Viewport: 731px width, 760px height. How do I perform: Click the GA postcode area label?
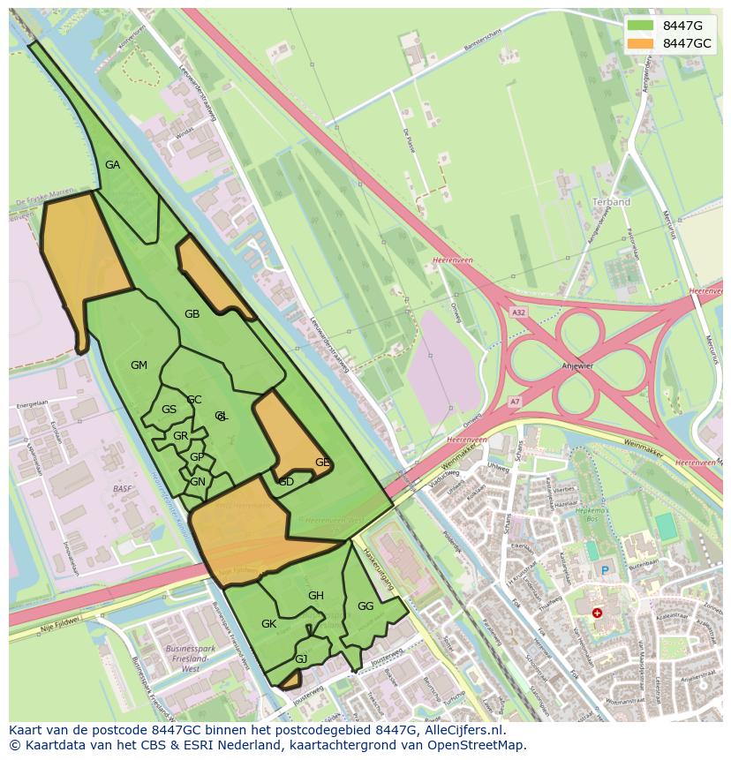point(112,165)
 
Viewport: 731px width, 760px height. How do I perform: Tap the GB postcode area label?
point(192,314)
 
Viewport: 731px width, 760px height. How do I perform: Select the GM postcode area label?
point(139,365)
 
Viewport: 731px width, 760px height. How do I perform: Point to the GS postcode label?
point(169,410)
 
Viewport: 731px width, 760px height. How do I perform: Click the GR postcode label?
point(180,436)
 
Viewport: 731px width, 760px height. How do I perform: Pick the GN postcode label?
point(198,482)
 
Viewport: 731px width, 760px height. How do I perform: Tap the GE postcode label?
point(322,463)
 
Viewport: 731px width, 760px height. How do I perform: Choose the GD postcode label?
point(286,482)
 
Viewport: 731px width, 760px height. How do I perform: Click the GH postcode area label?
point(316,596)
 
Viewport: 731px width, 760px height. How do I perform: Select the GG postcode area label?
point(365,606)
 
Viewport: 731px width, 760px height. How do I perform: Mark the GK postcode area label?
point(269,624)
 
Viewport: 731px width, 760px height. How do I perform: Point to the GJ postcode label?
point(301,659)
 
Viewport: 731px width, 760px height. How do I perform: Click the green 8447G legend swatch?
point(640,26)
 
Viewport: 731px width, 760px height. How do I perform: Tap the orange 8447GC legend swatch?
point(640,43)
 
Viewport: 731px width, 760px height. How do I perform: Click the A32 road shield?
point(518,312)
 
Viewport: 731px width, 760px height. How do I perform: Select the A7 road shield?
point(515,402)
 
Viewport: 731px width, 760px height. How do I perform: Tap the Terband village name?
point(611,202)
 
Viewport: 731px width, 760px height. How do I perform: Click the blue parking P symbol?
point(605,570)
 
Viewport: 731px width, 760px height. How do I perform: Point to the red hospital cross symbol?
point(598,613)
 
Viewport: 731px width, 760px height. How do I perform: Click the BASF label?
point(122,488)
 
